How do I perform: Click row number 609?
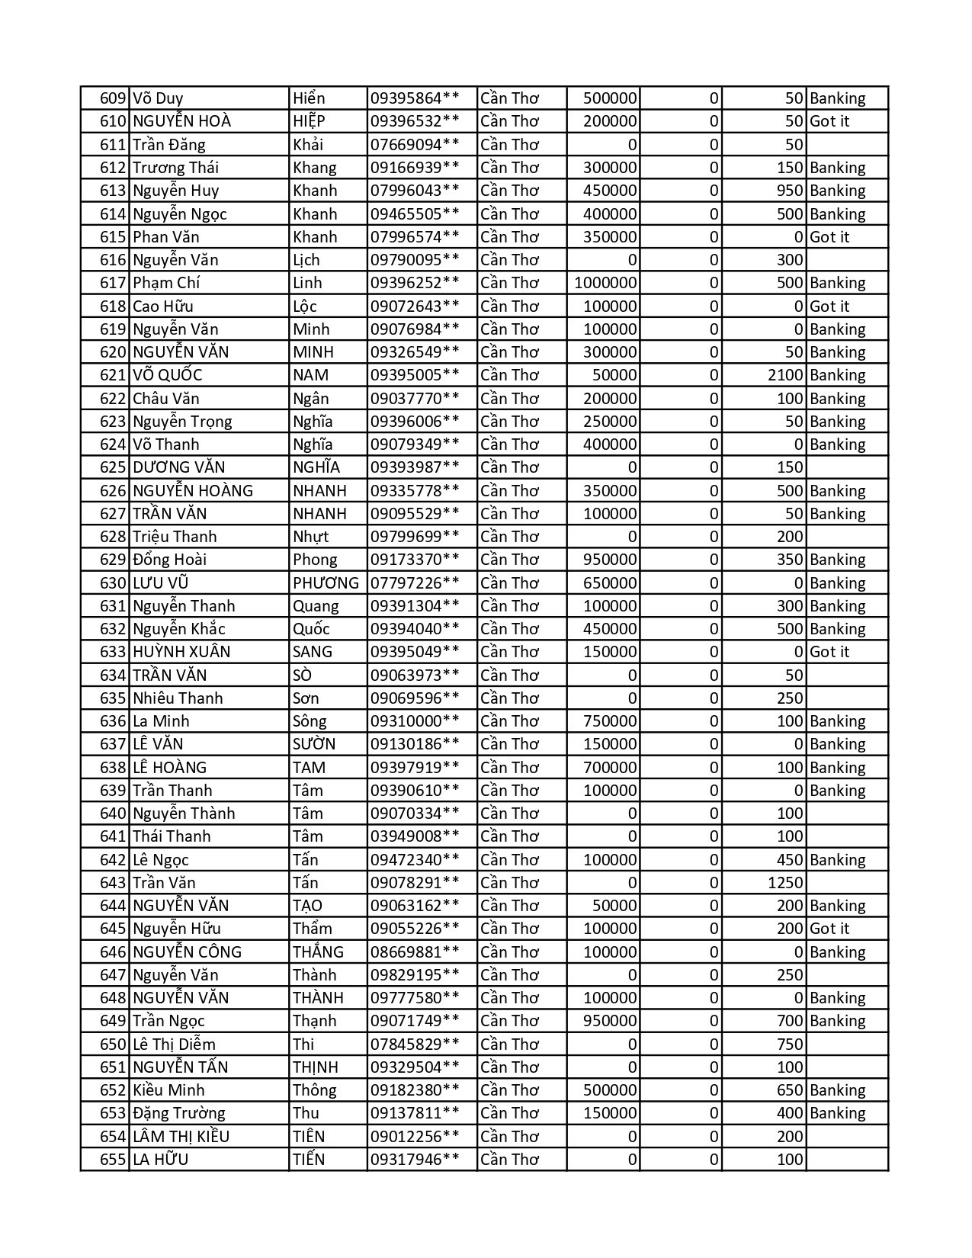[x=113, y=98]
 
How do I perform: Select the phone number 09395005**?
[x=415, y=375]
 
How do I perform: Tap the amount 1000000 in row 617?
[x=605, y=283]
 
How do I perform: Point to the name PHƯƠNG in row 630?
[x=326, y=583]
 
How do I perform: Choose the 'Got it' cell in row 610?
[x=829, y=121]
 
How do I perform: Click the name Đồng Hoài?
[x=169, y=560]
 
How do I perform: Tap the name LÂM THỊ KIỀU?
[x=181, y=1137]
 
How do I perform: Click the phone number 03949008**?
[x=415, y=836]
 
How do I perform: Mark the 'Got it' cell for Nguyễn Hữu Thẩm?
[x=829, y=929]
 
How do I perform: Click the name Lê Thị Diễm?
[x=174, y=1045]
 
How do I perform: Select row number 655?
[x=113, y=1160]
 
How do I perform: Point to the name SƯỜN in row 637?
[x=314, y=744]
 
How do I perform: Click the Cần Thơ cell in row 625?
[x=509, y=467]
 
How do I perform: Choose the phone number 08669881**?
[x=415, y=952]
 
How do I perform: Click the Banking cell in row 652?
[x=838, y=1090]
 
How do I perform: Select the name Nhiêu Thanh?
[x=178, y=698]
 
